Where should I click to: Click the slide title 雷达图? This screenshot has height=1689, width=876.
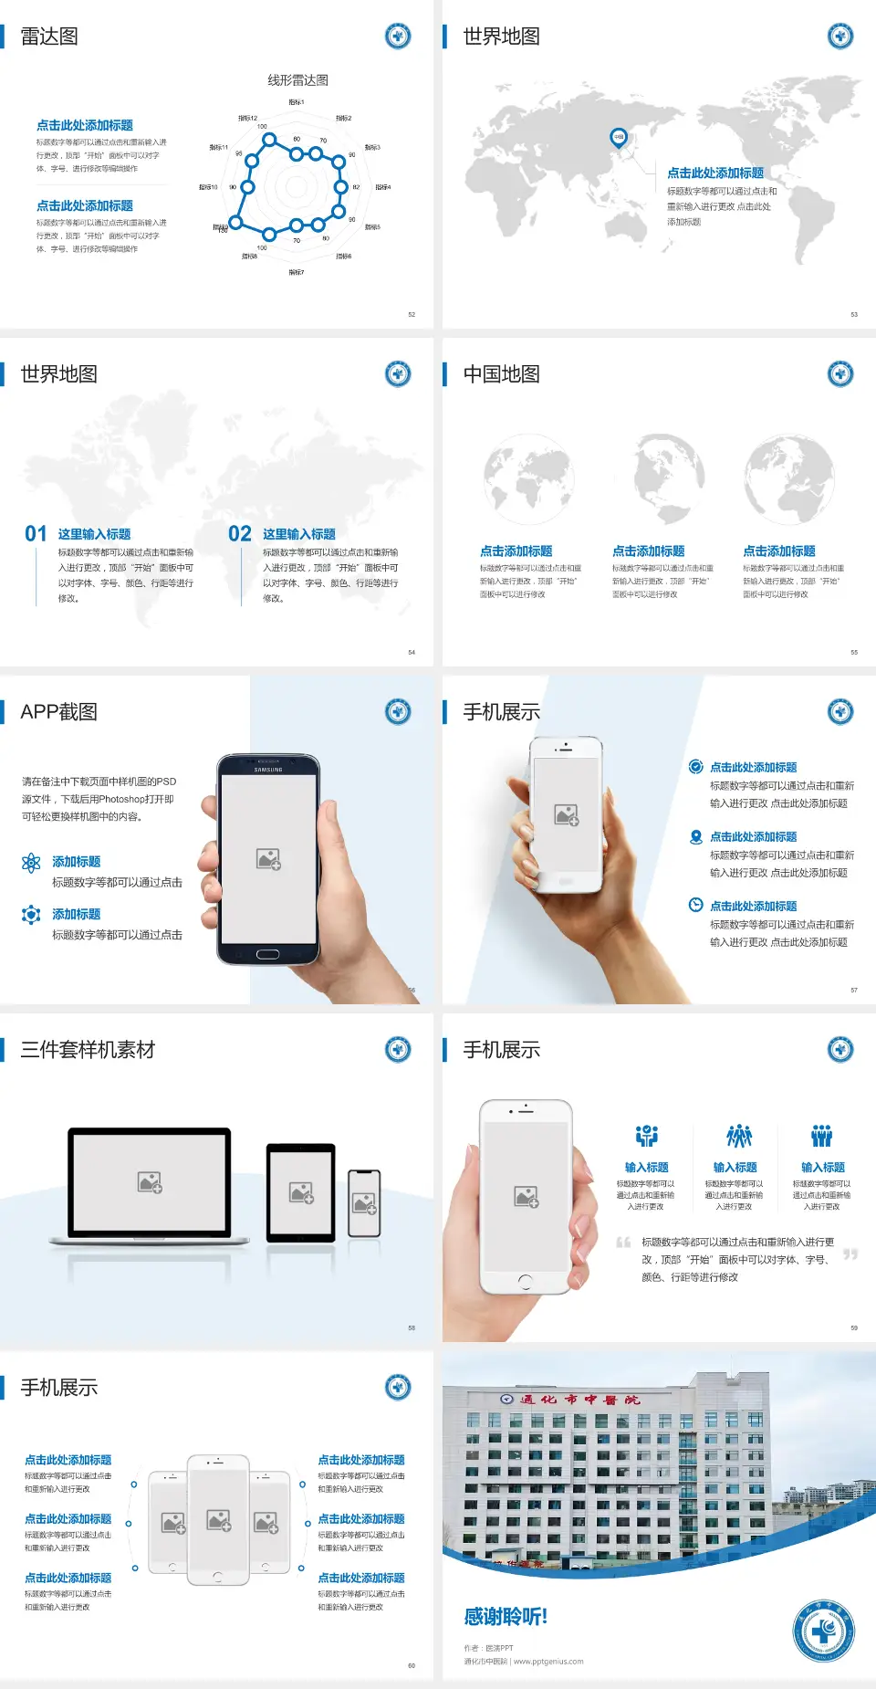[49, 37]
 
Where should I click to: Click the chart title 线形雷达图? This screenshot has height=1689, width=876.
[297, 80]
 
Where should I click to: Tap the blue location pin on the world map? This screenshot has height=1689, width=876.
[618, 138]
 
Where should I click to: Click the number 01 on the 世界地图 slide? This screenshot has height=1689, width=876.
[36, 534]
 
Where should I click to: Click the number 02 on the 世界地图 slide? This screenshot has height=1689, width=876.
[240, 534]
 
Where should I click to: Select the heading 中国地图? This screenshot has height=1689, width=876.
[501, 374]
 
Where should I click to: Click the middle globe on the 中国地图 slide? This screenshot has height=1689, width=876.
[658, 478]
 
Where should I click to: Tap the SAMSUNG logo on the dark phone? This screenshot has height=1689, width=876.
[267, 770]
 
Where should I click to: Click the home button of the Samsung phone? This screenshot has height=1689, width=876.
[267, 955]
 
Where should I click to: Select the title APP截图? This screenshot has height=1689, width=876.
[58, 712]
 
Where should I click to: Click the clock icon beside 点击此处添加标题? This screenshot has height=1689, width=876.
[695, 905]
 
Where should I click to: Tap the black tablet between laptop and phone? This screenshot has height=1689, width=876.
[301, 1192]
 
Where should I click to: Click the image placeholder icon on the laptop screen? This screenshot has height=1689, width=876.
[150, 1182]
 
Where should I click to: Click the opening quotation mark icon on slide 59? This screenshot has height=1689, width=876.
[623, 1243]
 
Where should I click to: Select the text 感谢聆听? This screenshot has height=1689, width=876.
[506, 1617]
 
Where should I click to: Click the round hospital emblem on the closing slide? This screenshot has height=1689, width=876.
[823, 1631]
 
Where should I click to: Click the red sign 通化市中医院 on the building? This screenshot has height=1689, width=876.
[579, 1400]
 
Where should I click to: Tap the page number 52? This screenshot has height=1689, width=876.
[412, 315]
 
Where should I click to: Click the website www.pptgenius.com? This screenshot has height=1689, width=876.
[547, 1662]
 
